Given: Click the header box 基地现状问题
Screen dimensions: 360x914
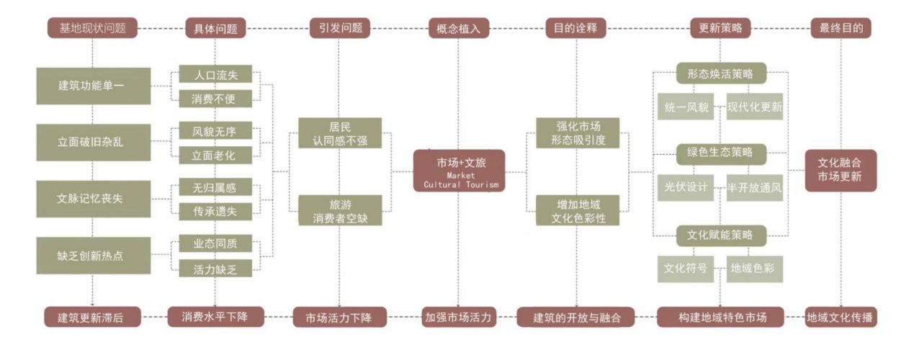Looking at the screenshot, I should [92, 28].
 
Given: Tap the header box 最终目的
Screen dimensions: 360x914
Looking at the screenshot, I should [841, 28].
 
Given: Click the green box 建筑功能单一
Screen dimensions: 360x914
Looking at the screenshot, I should [93, 86].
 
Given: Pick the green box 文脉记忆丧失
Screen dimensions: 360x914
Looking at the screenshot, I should [93, 198].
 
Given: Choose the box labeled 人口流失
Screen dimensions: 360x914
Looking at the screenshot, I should [215, 75].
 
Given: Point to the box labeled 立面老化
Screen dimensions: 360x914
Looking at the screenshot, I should [215, 154].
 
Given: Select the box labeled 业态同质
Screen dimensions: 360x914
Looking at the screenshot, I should [215, 243].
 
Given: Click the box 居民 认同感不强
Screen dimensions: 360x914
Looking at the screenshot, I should [340, 133].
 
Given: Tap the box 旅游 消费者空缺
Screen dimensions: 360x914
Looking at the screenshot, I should [340, 210].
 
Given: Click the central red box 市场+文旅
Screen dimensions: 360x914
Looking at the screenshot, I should [460, 171].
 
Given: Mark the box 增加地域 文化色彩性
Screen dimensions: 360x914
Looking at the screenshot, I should [577, 210].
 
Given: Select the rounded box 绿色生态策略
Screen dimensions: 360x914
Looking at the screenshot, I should [720, 152].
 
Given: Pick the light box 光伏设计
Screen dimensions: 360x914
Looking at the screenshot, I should [685, 187].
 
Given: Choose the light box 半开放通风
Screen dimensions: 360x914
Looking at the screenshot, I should [755, 187].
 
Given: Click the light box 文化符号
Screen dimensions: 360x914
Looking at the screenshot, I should [685, 269].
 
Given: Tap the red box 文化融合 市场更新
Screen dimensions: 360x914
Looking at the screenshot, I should [841, 170].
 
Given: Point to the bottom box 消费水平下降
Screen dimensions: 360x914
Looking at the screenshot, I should [215, 316].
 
